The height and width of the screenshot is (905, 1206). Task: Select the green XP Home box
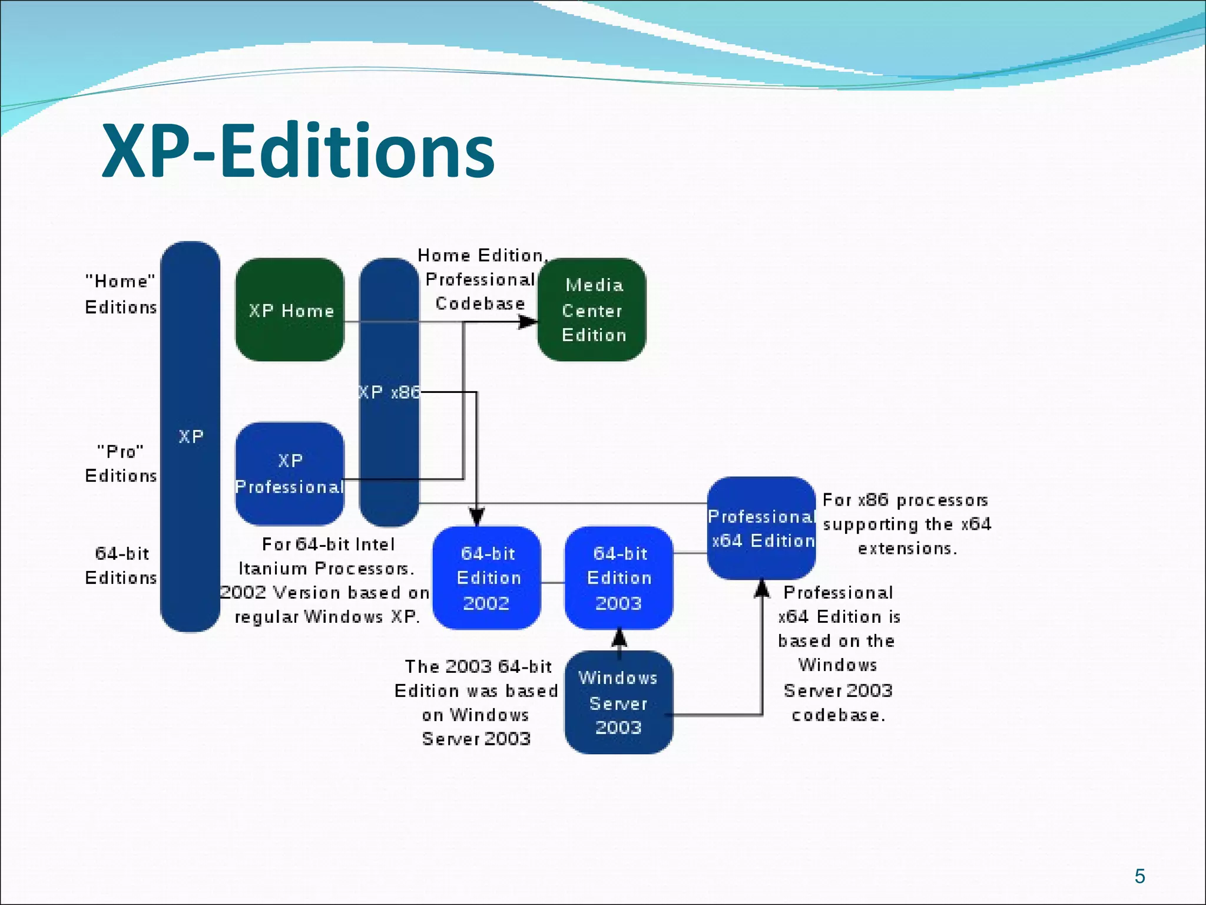pos(290,310)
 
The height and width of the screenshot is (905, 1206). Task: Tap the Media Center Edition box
pos(592,310)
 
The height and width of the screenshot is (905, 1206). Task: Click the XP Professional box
pos(290,473)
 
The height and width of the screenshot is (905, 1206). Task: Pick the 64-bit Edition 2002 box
pos(487,578)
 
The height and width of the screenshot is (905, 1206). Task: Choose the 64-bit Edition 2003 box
pos(619,578)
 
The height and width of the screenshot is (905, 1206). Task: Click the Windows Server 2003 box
pos(618,702)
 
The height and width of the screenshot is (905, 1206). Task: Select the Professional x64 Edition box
pos(761,528)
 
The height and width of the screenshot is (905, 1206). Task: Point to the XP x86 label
pos(389,392)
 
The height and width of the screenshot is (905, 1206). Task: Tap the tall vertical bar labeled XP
pos(190,437)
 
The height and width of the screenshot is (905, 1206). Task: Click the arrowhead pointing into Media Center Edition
pos(528,322)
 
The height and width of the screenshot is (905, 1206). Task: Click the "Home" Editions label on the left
pos(121,294)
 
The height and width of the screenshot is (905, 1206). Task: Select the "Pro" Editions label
pos(121,463)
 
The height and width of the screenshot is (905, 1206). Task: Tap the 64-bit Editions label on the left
pos(121,566)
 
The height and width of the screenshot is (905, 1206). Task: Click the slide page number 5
pos(1139,876)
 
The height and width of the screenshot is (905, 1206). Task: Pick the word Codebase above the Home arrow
pos(480,303)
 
